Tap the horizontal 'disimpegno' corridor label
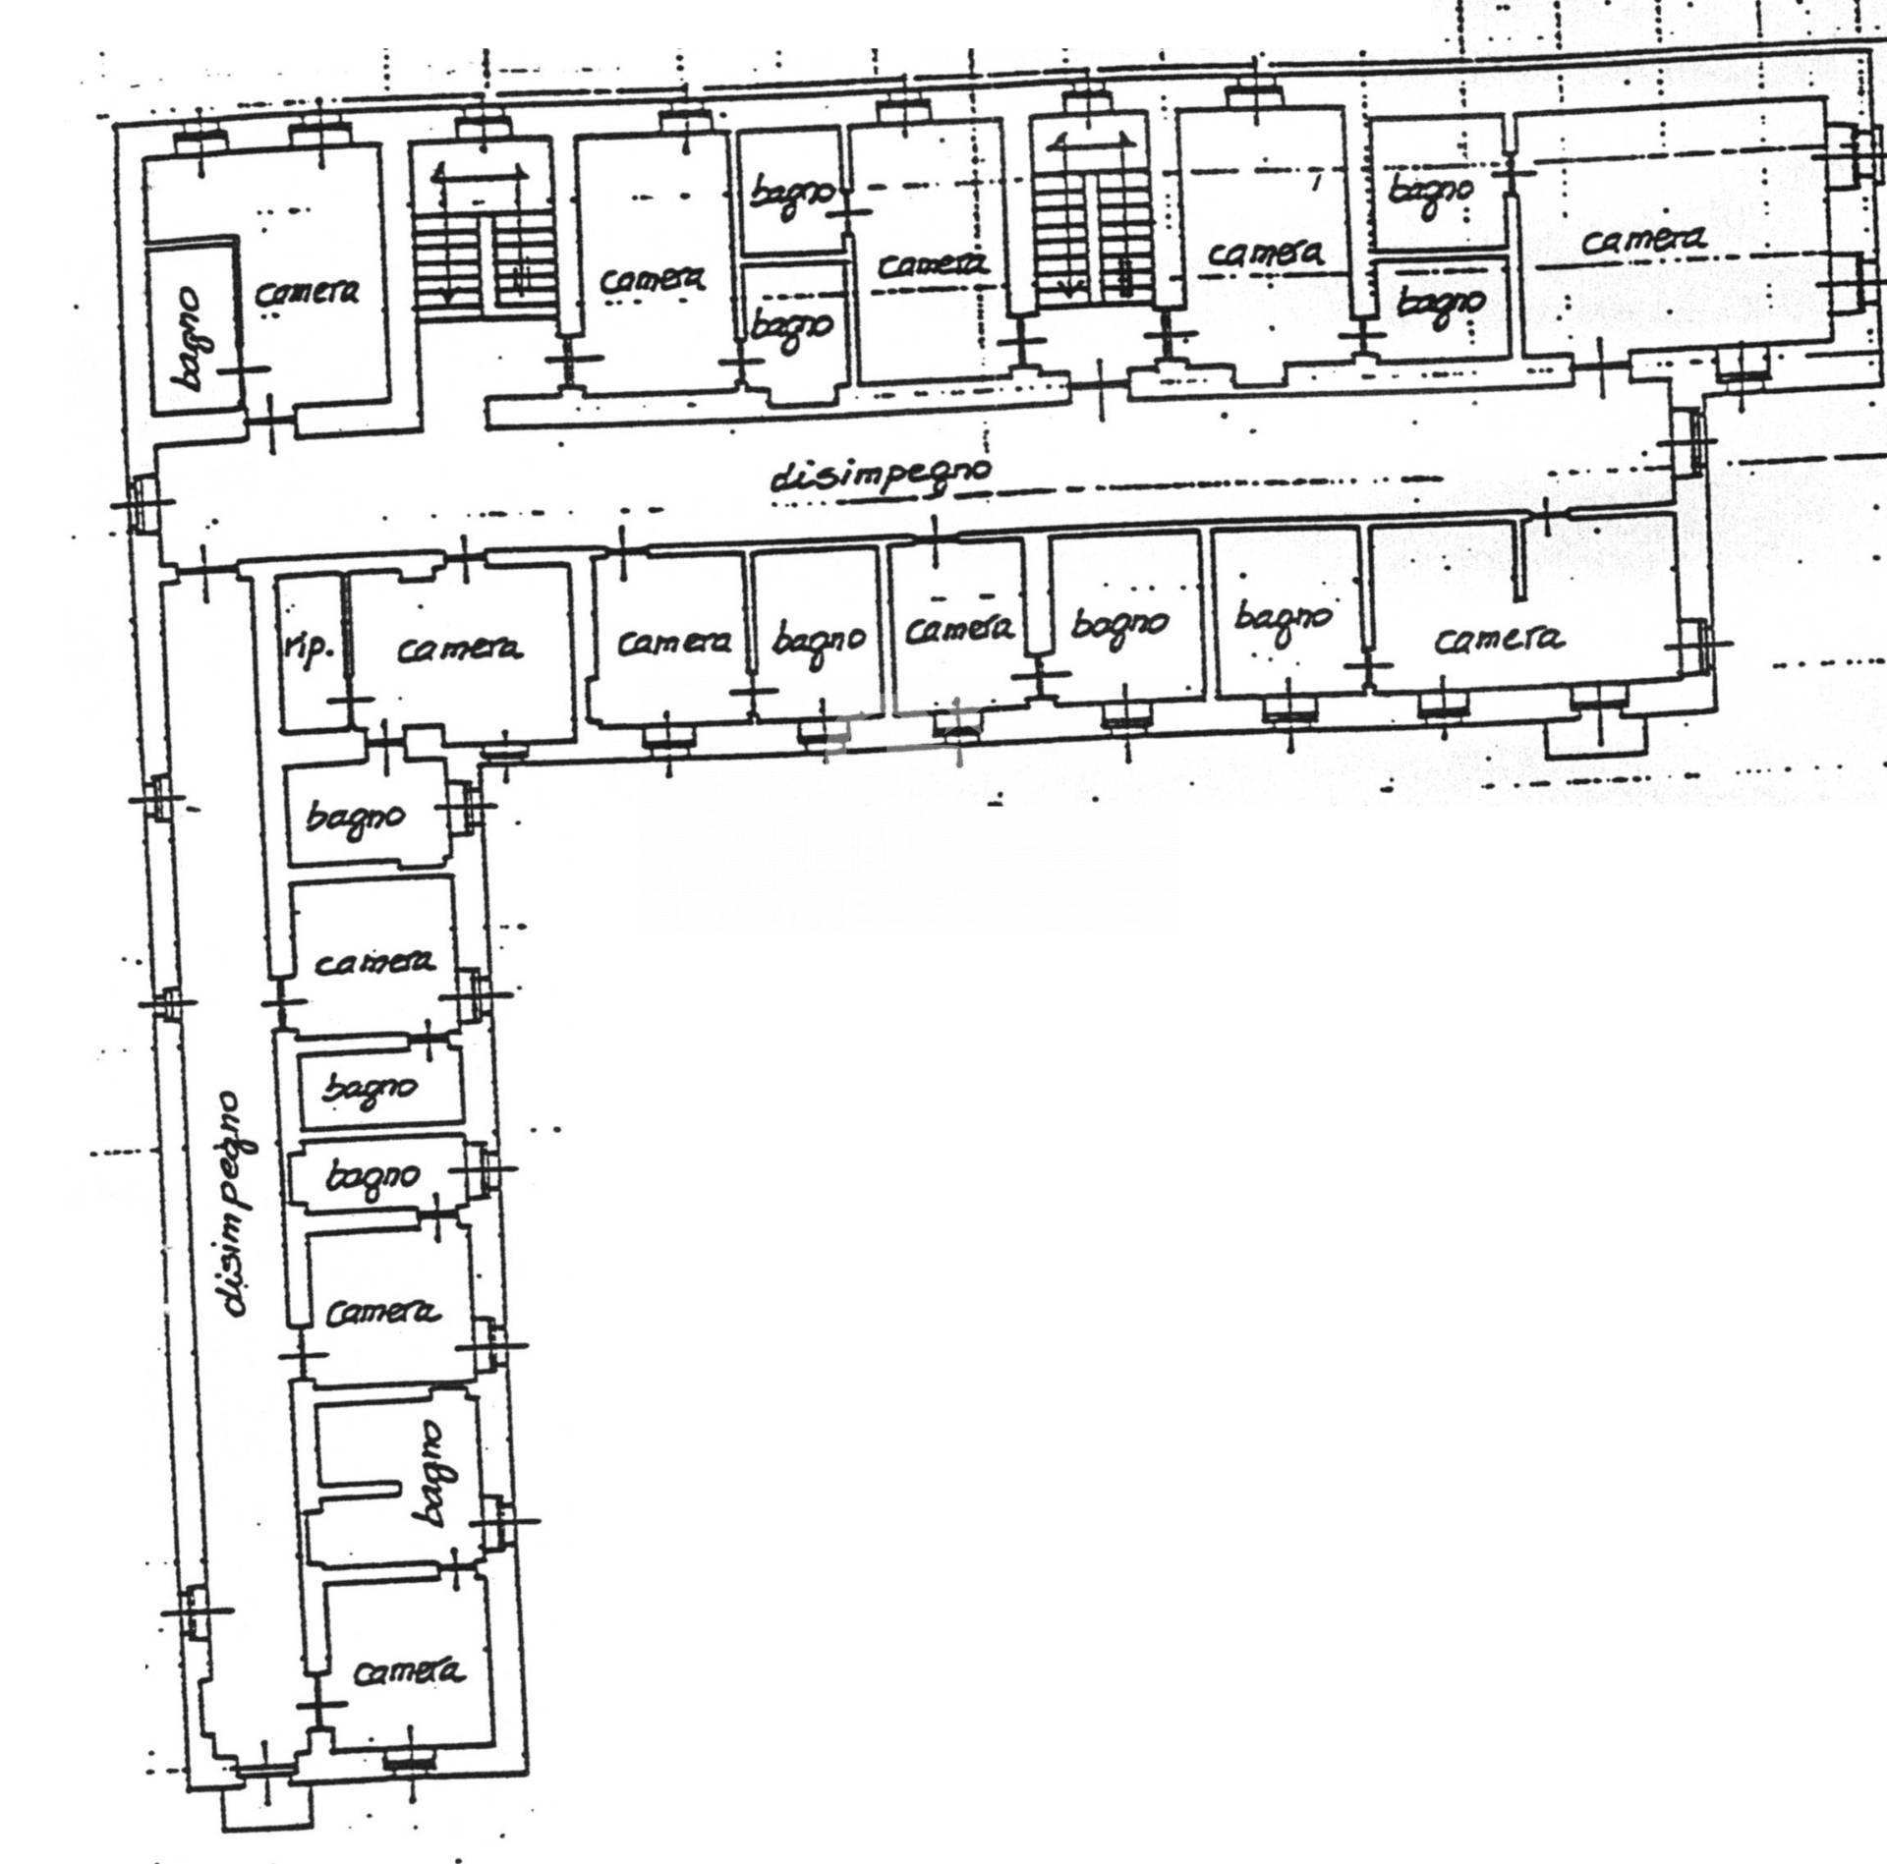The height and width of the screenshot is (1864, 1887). coord(881,476)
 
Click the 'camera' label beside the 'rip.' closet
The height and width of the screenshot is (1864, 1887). coord(459,649)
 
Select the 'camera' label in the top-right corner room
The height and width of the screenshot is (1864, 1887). coord(1643,240)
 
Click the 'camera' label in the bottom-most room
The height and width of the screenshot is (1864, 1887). coord(409,1672)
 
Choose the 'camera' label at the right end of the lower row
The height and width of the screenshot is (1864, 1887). coord(1499,640)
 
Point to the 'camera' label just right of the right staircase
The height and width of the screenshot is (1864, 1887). coord(1264,254)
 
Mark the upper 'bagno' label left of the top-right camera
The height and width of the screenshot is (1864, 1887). coord(1432,190)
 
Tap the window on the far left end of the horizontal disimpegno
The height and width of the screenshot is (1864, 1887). coord(142,504)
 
